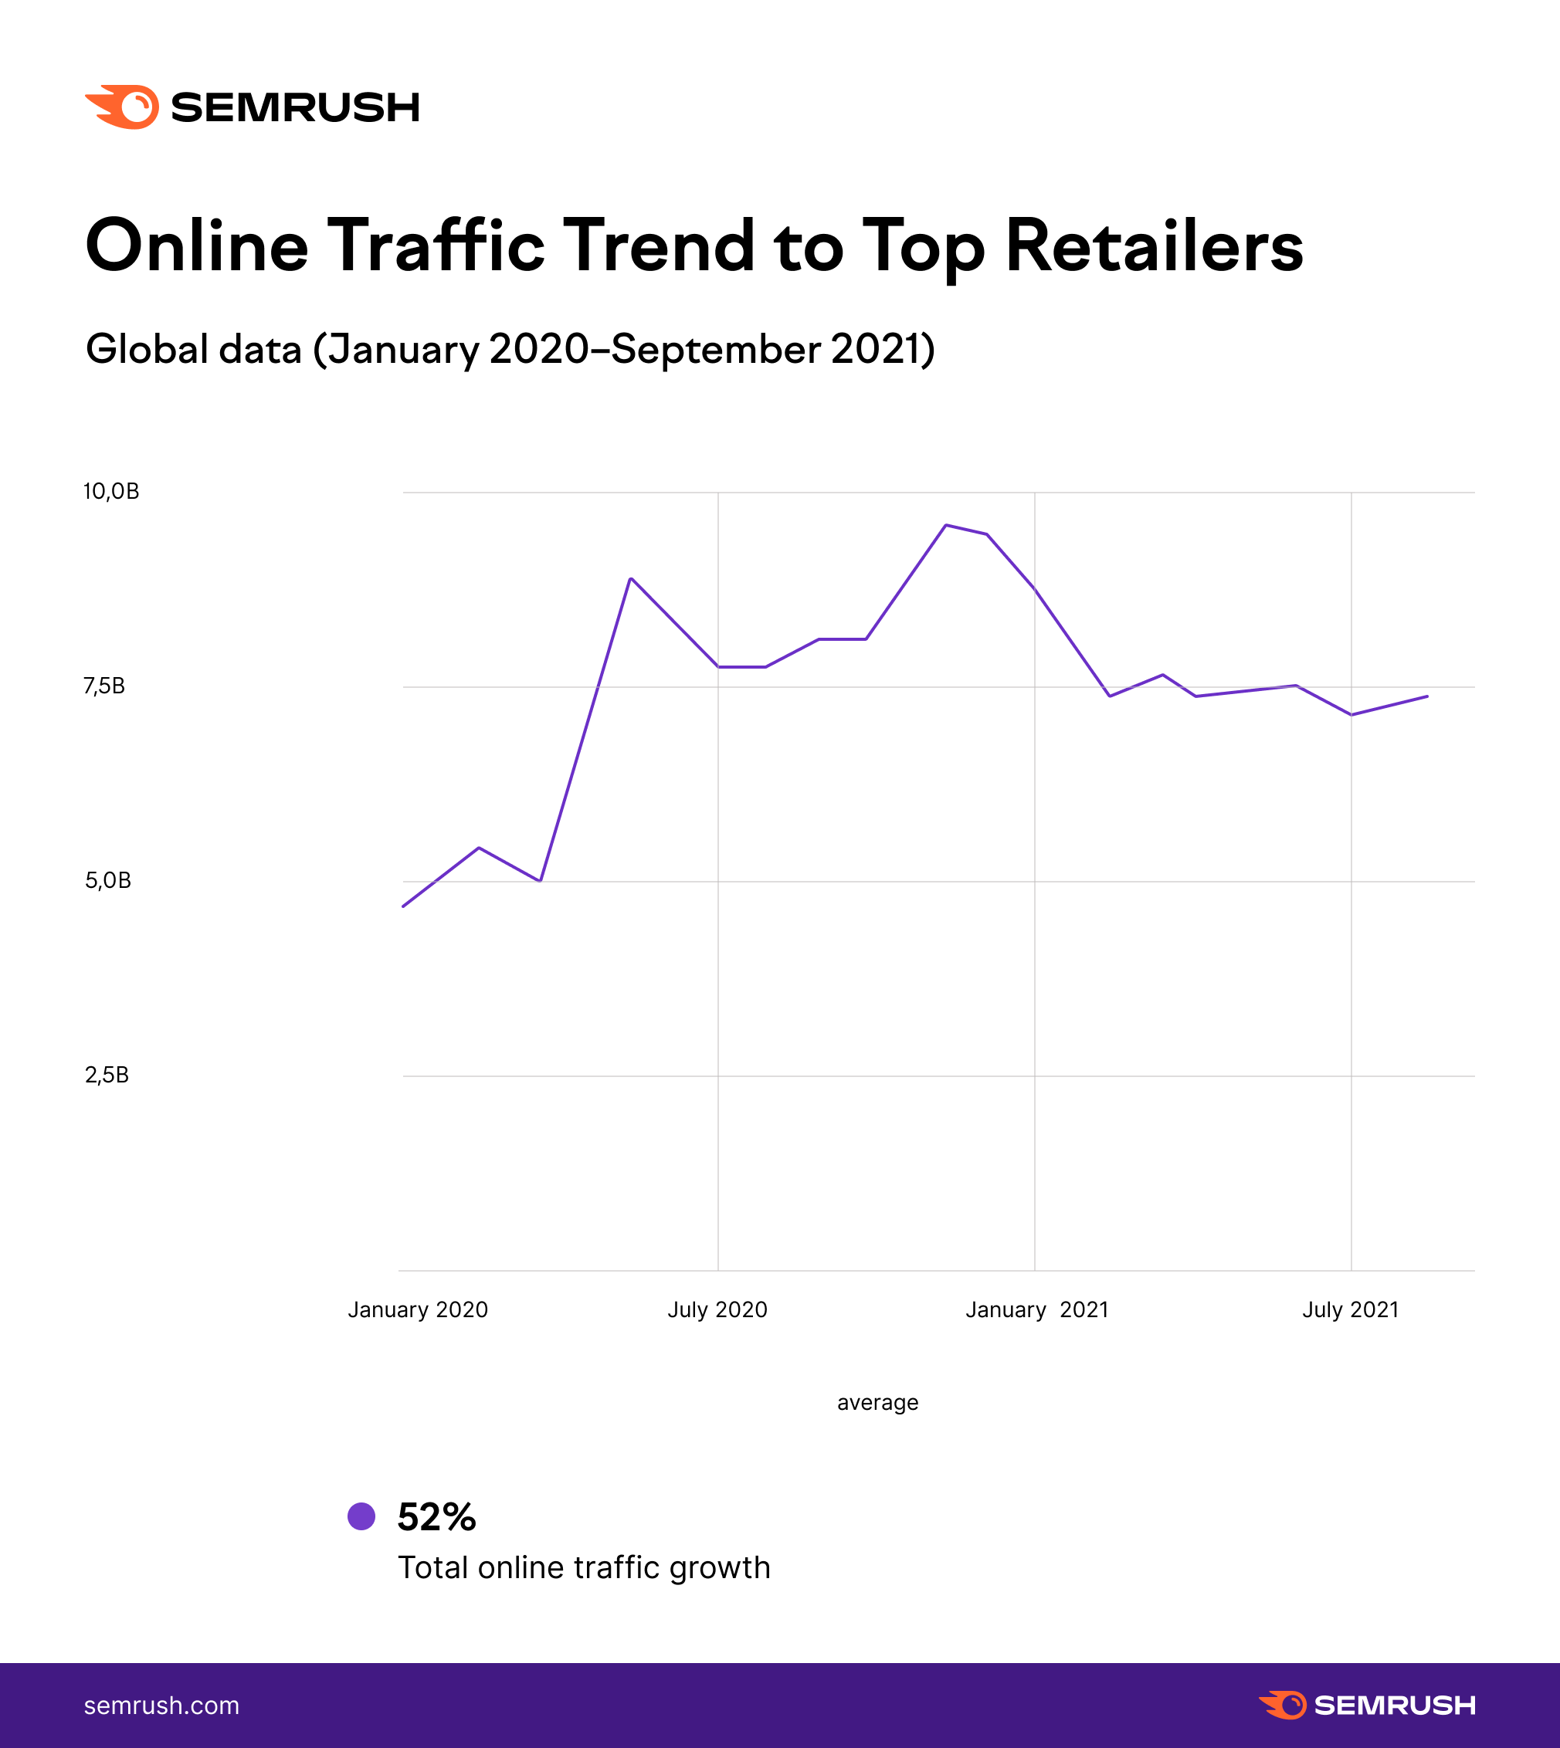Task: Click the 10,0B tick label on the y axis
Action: point(110,491)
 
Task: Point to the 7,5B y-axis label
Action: point(104,686)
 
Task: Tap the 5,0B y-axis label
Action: point(108,880)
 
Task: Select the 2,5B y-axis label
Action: point(107,1075)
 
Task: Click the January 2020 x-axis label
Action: point(418,1309)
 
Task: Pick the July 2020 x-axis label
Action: point(717,1309)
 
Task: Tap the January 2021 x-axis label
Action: point(1037,1309)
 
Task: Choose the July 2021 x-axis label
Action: point(1350,1309)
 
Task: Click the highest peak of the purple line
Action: point(945,524)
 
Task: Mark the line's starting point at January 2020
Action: point(404,906)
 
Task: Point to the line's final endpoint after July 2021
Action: point(1426,696)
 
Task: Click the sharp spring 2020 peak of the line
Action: point(631,578)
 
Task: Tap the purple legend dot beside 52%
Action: point(361,1516)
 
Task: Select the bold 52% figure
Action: point(436,1516)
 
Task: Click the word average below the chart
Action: point(877,1403)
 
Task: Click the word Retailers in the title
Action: point(1154,246)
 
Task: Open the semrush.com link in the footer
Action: point(161,1706)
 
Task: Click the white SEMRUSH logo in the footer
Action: point(1367,1706)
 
